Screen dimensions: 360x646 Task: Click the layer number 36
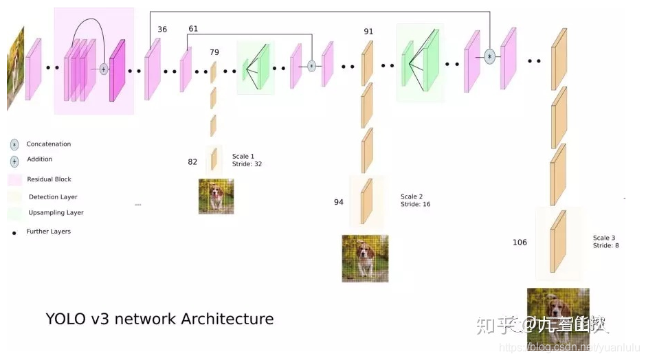pyautogui.click(x=162, y=30)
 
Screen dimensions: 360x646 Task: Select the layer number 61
pyautogui.click(x=192, y=29)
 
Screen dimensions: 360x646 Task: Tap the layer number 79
pyautogui.click(x=214, y=52)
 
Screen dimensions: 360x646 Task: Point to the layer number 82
pyautogui.click(x=192, y=162)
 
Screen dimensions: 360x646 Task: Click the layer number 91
pyautogui.click(x=368, y=32)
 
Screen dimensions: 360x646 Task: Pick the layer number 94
pyautogui.click(x=339, y=202)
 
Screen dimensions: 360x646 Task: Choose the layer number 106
pyautogui.click(x=520, y=243)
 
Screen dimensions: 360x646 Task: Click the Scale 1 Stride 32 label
pyautogui.click(x=247, y=160)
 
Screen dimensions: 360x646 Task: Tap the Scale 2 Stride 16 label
pyautogui.click(x=415, y=201)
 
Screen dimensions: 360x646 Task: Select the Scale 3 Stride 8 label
pyautogui.click(x=605, y=241)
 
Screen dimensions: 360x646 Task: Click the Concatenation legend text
pyautogui.click(x=48, y=144)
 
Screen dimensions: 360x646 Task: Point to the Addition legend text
pyautogui.click(x=39, y=159)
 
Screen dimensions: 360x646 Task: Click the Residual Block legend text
pyautogui.click(x=49, y=179)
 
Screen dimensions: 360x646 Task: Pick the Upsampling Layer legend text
pyautogui.click(x=56, y=213)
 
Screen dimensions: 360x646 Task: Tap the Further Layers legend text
pyautogui.click(x=48, y=232)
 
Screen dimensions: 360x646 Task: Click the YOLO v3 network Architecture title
pyautogui.click(x=159, y=319)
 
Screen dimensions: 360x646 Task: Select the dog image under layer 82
pyautogui.click(x=216, y=196)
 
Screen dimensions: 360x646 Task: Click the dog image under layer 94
pyautogui.click(x=365, y=258)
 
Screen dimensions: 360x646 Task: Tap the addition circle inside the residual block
pyautogui.click(x=104, y=69)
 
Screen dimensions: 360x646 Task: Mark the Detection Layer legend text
pyautogui.click(x=53, y=197)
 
